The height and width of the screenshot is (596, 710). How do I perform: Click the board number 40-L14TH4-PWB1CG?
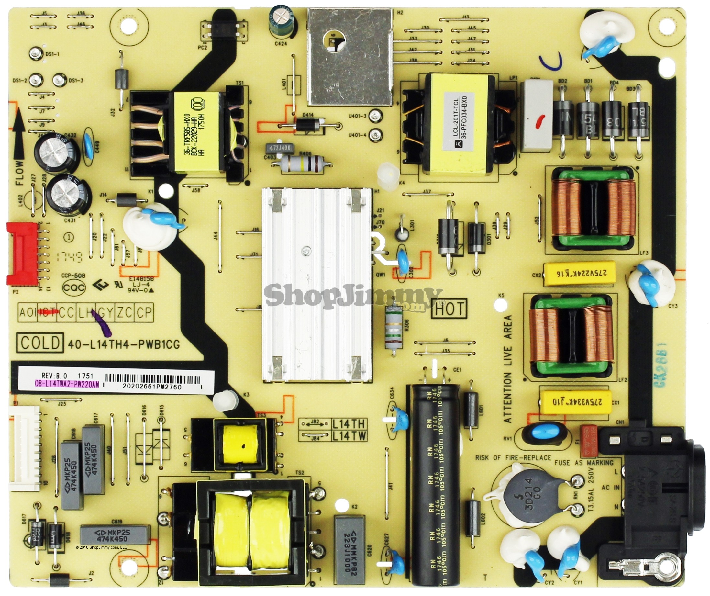tap(124, 345)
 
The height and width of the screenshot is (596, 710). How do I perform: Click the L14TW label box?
tap(349, 436)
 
